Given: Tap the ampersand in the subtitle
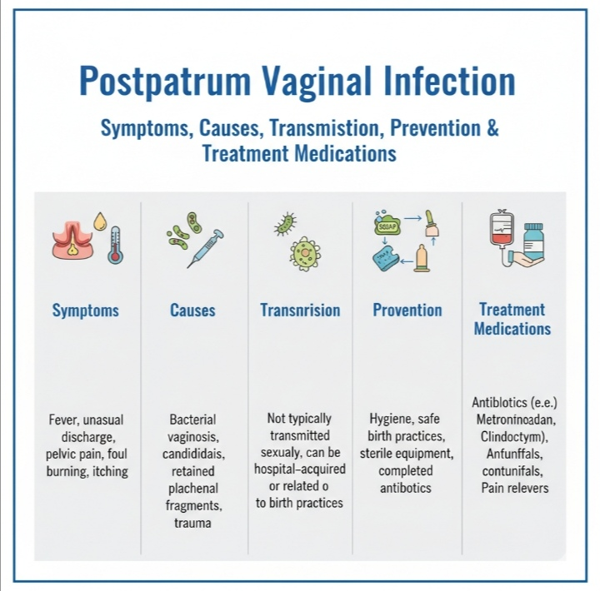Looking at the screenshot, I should click(x=491, y=129).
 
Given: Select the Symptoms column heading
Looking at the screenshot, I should click(x=86, y=310).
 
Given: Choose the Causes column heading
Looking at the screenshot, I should click(x=192, y=310).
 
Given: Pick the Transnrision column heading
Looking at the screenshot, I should click(x=300, y=310).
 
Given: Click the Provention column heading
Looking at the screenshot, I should click(x=407, y=310).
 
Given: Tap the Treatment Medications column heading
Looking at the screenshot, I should click(x=512, y=319).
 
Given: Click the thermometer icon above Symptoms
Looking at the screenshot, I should click(x=115, y=245).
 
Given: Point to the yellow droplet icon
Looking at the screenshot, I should click(x=99, y=221).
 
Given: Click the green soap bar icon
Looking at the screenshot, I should click(x=389, y=226).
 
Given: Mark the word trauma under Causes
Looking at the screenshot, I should click(x=192, y=524).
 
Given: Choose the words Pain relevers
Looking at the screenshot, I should click(x=515, y=487).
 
